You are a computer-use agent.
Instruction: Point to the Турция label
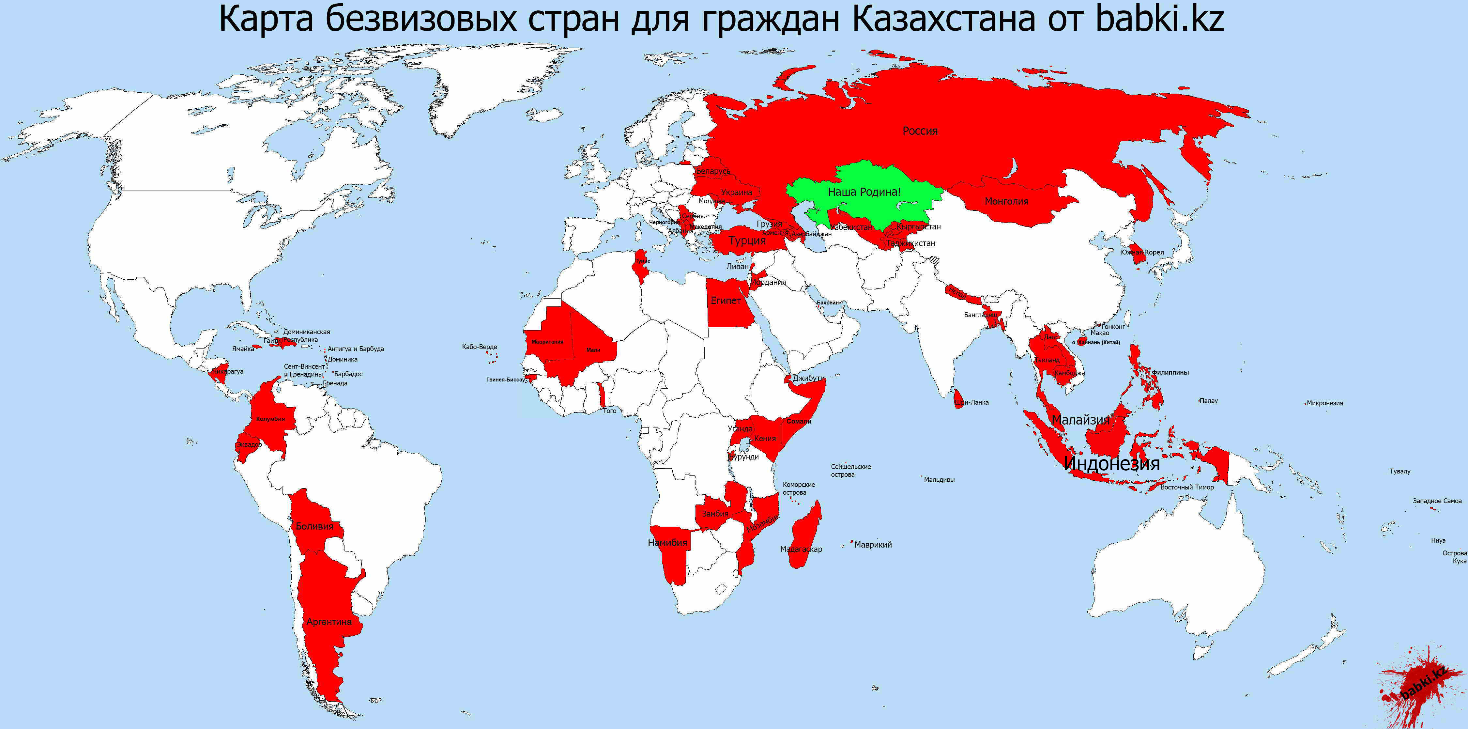(x=747, y=240)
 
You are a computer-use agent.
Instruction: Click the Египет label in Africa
(x=726, y=300)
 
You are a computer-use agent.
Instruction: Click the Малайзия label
(x=1080, y=420)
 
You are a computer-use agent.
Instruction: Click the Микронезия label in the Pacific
(x=1325, y=403)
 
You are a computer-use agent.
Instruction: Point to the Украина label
(x=736, y=193)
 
